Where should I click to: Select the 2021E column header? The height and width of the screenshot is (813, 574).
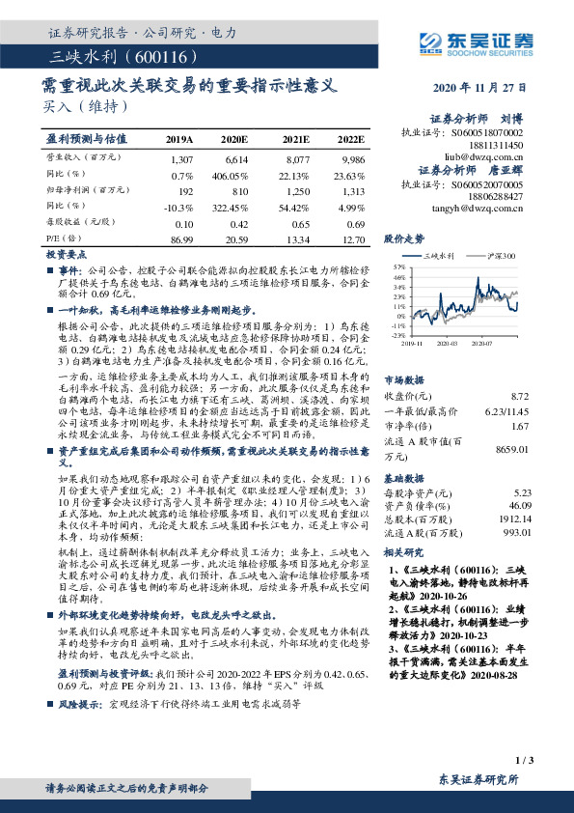(294, 139)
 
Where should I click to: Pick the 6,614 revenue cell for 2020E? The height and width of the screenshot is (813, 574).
(237, 157)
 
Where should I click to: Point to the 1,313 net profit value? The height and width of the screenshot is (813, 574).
(351, 192)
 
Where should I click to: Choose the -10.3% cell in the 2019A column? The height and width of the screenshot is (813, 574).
(180, 209)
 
